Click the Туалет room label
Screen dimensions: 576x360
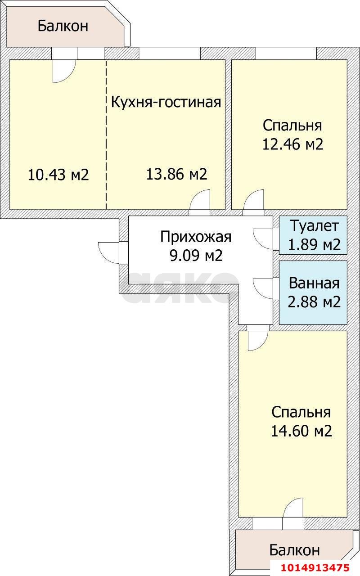pos(313,225)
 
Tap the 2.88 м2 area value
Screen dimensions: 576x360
pos(314,301)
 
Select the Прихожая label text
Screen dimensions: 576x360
pos(195,236)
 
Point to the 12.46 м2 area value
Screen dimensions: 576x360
pos(292,144)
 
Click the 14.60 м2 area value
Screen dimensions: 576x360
pos(301,431)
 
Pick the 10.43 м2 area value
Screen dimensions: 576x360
pos(58,174)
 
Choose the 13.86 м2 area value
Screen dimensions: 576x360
pos(176,174)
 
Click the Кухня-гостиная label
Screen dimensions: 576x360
pos(166,102)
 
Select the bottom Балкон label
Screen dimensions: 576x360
pos(294,549)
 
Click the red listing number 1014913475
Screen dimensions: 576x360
pos(315,567)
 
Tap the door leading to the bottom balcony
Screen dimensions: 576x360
pos(294,509)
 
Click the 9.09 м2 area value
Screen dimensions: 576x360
pos(195,256)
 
